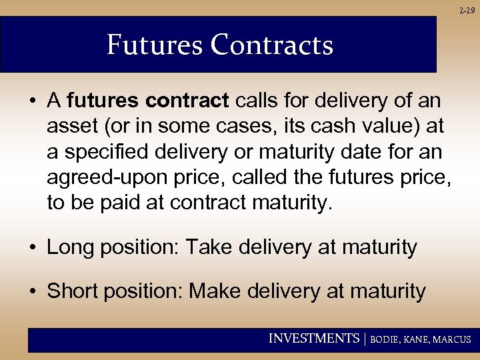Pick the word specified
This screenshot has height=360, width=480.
click(x=110, y=152)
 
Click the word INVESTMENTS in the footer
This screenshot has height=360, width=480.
click(x=313, y=339)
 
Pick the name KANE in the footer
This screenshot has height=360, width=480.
click(x=419, y=339)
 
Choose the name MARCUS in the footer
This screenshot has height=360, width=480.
click(x=453, y=339)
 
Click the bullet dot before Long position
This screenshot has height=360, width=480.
click(x=32, y=249)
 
